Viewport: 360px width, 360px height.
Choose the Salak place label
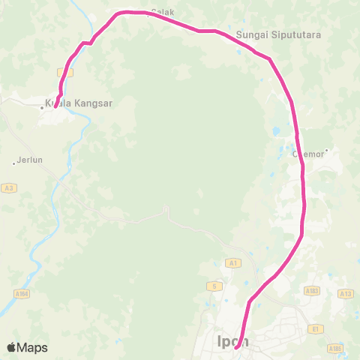(x=163, y=13)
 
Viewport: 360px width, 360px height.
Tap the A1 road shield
(x=232, y=262)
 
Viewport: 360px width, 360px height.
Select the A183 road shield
(x=312, y=289)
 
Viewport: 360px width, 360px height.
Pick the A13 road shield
(x=346, y=294)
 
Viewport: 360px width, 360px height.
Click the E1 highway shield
(x=316, y=328)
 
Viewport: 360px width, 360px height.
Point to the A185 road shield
(x=334, y=348)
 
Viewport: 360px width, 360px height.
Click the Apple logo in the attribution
(x=11, y=347)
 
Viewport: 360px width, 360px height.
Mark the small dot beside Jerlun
(x=13, y=161)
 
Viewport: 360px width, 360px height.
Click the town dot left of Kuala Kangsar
(x=42, y=107)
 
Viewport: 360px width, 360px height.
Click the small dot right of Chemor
(x=327, y=150)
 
